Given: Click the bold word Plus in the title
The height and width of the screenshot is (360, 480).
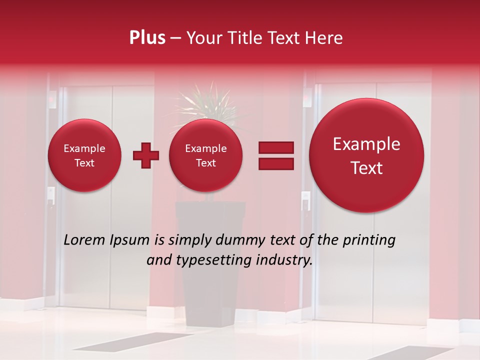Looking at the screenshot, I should pos(147,38).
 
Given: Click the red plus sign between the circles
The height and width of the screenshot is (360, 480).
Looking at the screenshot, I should pos(146,155).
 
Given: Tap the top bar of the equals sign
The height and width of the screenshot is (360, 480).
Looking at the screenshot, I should pos(276,147).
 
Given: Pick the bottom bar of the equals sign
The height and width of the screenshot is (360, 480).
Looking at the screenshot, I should pos(276,164).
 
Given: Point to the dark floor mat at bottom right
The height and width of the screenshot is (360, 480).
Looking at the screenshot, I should pos(405,353).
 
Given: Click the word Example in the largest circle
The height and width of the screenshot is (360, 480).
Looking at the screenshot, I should pos(366,144).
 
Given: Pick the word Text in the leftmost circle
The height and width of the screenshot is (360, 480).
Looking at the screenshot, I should pos(84,163).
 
